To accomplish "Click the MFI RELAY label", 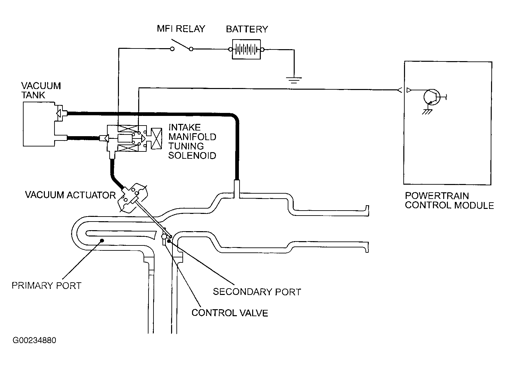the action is coord(181,29).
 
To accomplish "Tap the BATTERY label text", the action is coord(247,29).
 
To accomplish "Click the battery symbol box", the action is coord(246,49).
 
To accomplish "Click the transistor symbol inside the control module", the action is coord(432,97).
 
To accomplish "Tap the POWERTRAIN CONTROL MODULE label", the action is coord(449,201).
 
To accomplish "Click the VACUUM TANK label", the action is coord(41,90).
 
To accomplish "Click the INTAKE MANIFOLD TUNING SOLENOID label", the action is coord(192,141).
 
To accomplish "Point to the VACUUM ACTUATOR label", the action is coord(70,195).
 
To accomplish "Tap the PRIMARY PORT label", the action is coord(47,286).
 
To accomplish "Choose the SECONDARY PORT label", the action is coord(257,292).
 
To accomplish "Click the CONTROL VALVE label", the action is coord(230,313).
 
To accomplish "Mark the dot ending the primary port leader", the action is coord(102,241).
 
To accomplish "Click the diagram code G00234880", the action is coord(34,340).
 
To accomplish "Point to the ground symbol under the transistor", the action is coord(427,112).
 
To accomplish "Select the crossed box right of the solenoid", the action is coord(156,138).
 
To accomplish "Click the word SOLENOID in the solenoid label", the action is coord(192,155).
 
